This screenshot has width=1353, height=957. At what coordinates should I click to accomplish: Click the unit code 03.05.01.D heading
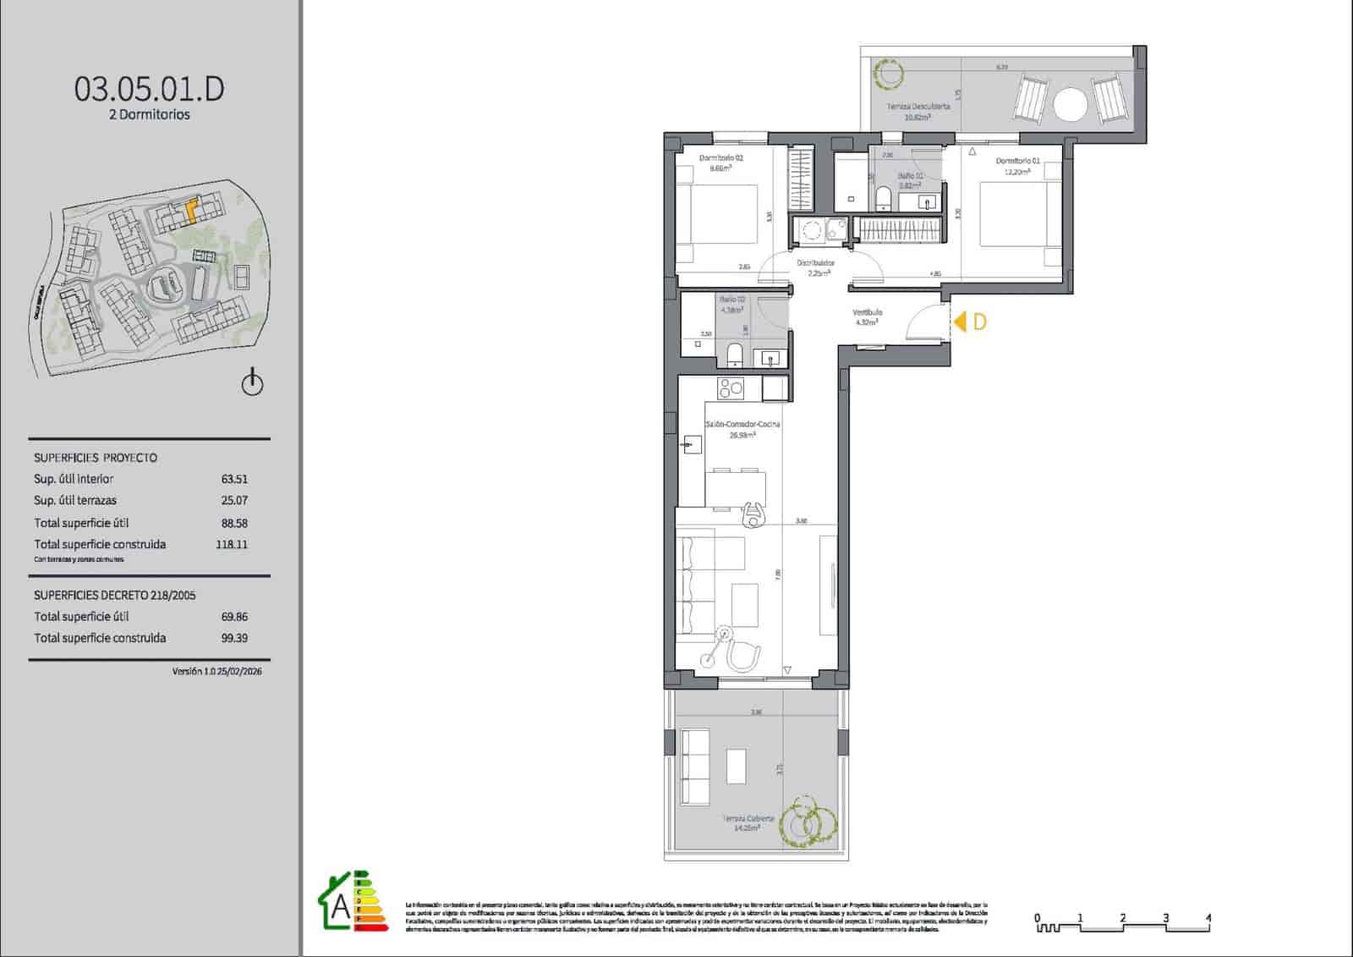(x=150, y=89)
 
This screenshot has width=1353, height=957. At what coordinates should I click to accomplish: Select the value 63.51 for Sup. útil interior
(x=234, y=479)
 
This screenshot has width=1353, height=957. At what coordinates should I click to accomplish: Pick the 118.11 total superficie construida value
(x=232, y=545)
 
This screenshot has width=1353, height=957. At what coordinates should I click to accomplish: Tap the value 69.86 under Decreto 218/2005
(x=234, y=617)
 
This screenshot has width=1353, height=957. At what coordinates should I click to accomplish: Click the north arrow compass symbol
(x=252, y=382)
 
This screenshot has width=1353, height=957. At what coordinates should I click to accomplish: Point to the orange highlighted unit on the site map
(x=191, y=208)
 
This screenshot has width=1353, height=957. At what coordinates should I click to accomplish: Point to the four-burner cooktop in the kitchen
(x=731, y=388)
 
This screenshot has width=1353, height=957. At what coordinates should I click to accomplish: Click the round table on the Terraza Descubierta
(x=1071, y=106)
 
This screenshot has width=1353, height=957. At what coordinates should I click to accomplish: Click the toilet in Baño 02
(x=884, y=199)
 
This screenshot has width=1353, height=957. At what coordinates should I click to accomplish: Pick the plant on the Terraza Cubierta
(x=808, y=821)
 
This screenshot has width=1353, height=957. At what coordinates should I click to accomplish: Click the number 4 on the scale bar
(x=1208, y=917)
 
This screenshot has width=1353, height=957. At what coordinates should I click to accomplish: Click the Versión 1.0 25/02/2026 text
(x=216, y=671)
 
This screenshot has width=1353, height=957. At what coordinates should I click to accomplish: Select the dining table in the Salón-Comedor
(x=736, y=490)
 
